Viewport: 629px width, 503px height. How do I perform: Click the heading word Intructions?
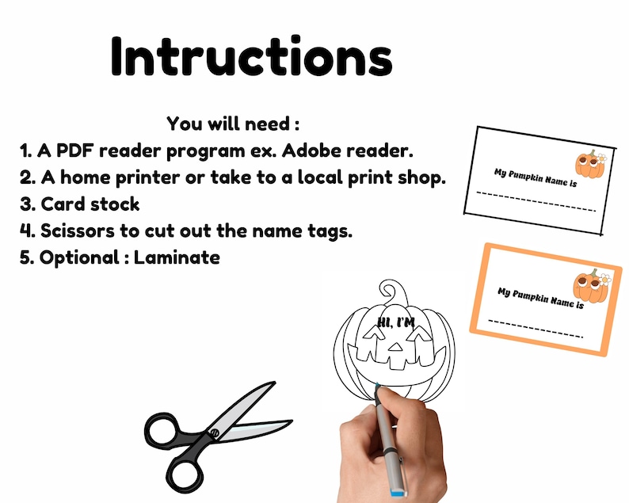pos(251,56)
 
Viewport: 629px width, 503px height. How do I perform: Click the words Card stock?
pos(90,204)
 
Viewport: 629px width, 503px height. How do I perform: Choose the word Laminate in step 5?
pos(177,257)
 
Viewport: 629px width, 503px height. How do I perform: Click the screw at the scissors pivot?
pos(215,433)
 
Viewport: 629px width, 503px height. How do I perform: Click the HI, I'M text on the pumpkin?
pos(395,322)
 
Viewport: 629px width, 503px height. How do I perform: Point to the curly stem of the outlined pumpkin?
pos(393,292)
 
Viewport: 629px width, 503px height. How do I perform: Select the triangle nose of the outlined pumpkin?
pos(396,347)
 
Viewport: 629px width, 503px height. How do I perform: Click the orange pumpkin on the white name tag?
pos(590,164)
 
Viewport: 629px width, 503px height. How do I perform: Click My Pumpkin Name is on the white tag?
pos(536,177)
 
